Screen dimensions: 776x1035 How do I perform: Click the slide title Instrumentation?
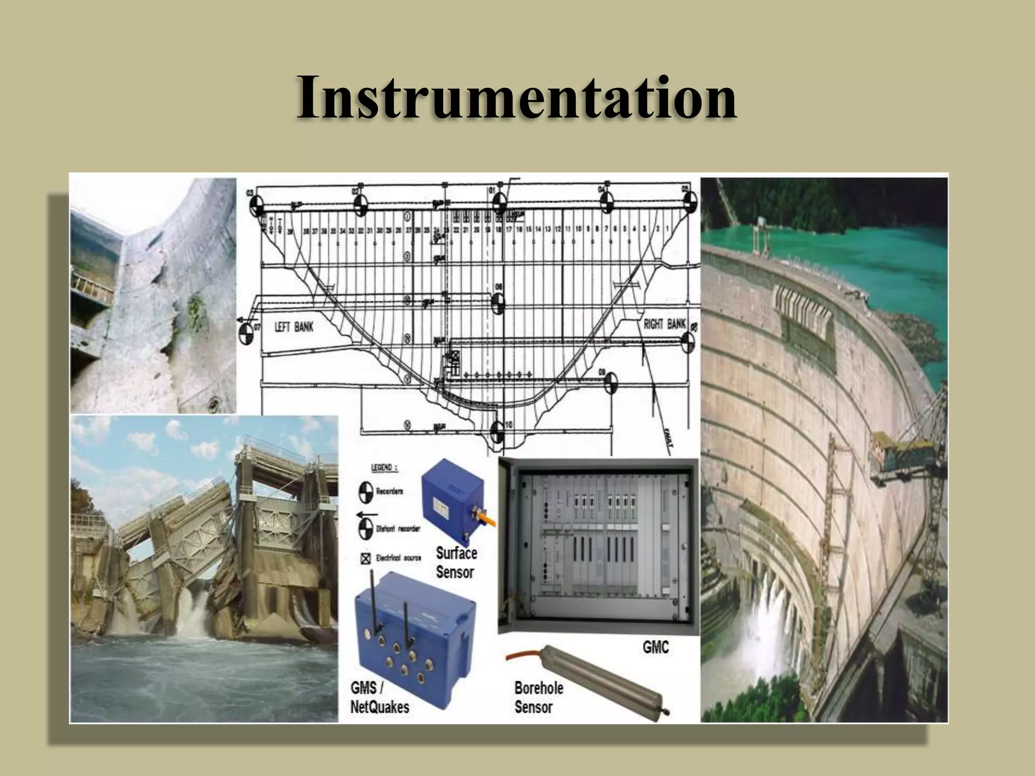click(x=516, y=97)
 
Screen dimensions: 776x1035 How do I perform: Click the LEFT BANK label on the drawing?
click(x=294, y=327)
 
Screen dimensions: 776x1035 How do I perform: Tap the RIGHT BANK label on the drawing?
click(x=665, y=324)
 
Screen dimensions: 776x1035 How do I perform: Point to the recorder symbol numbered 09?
click(x=610, y=382)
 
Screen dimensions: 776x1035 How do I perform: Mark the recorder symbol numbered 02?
click(x=360, y=204)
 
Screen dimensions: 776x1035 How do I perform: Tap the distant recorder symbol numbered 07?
click(x=246, y=334)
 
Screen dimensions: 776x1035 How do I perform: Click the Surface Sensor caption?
click(x=456, y=562)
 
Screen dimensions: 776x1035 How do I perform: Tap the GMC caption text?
click(x=655, y=647)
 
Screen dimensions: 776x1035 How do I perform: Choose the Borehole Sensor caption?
click(x=538, y=697)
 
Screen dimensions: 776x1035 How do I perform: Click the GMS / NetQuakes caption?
click(x=379, y=697)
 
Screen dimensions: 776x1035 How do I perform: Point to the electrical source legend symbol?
click(x=365, y=559)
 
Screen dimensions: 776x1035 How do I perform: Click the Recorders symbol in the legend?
click(x=366, y=493)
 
